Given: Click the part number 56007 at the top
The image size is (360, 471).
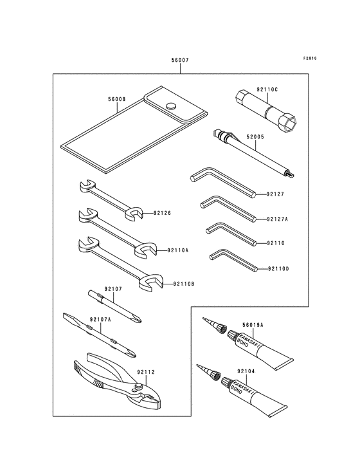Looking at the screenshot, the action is click(x=180, y=60).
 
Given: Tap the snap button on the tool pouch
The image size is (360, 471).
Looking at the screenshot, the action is click(x=171, y=106).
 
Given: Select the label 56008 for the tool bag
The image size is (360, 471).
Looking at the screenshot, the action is click(x=117, y=99).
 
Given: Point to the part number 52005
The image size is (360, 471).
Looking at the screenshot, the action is click(x=255, y=137).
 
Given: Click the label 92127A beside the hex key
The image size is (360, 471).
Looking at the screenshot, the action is click(x=277, y=219).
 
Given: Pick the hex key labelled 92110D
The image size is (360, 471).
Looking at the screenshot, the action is click(x=233, y=259).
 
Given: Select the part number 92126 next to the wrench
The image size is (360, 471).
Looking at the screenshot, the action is click(x=162, y=213).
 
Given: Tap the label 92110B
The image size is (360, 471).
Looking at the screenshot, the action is click(x=184, y=284).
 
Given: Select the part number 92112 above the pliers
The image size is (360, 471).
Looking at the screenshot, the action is click(x=146, y=372).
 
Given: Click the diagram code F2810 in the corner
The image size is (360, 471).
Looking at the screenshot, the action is click(x=310, y=59).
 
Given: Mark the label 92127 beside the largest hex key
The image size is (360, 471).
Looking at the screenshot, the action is click(x=275, y=194).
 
